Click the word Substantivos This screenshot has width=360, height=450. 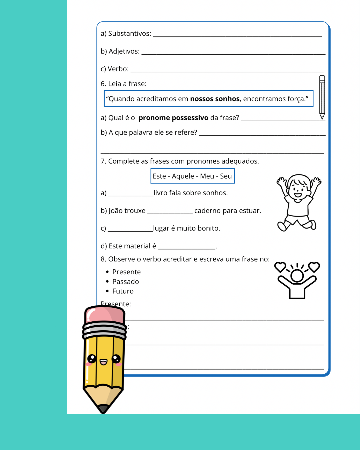pos(129,34)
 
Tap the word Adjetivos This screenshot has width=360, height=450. pos(124,51)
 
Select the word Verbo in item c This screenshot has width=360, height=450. pos(118,69)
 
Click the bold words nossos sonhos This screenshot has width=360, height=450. pos(215,99)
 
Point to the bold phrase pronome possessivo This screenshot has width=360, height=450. pos(173,118)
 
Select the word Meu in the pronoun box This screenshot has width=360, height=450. pos(207,176)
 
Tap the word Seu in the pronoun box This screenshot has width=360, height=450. pos(226,176)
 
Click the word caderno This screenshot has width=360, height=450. pos(207,211)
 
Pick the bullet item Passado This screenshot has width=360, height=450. pos(125,282)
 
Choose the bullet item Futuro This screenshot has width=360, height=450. pos(123,291)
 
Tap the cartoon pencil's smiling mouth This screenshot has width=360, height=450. pos(104,362)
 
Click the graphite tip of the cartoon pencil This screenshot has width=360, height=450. pos(103,409)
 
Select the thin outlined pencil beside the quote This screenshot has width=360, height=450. pos(322,97)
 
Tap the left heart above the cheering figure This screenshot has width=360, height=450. pos(280,267)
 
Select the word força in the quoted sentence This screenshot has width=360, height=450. pos(298,99)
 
